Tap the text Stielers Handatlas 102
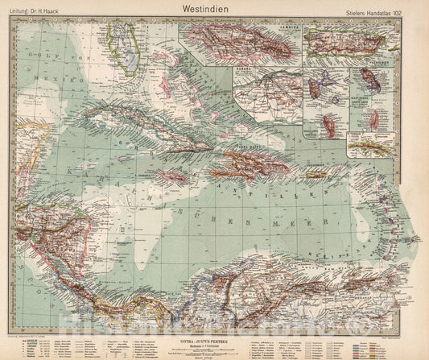(377, 12)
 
